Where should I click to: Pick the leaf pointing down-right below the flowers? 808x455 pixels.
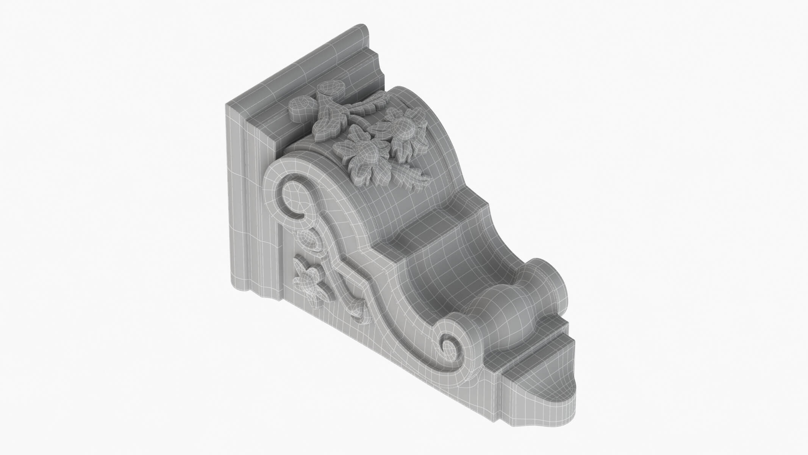415,176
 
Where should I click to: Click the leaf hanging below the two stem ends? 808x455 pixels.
328,129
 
